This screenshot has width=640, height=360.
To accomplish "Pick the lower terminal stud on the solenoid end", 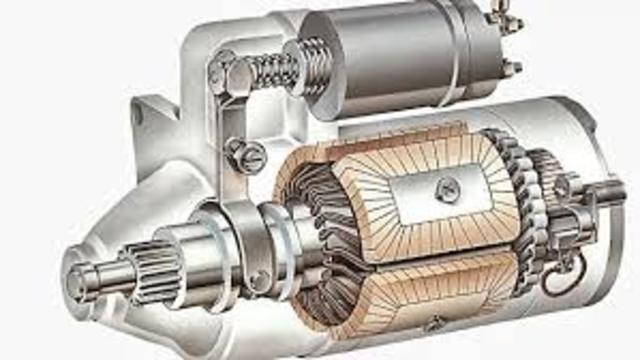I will coord(511,68).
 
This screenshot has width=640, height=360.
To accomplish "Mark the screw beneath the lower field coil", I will coord(434,324).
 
